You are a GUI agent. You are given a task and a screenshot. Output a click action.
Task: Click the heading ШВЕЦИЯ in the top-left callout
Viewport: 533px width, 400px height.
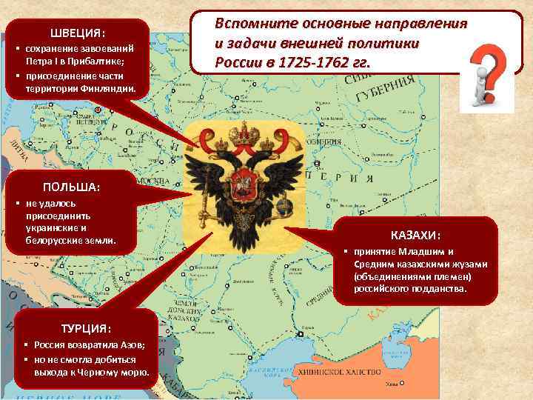pos(78,34)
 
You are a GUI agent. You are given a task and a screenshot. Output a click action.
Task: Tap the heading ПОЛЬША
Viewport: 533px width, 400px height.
pos(72,187)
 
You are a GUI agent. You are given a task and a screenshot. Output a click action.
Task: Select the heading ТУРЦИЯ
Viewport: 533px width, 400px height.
pos(87,328)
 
